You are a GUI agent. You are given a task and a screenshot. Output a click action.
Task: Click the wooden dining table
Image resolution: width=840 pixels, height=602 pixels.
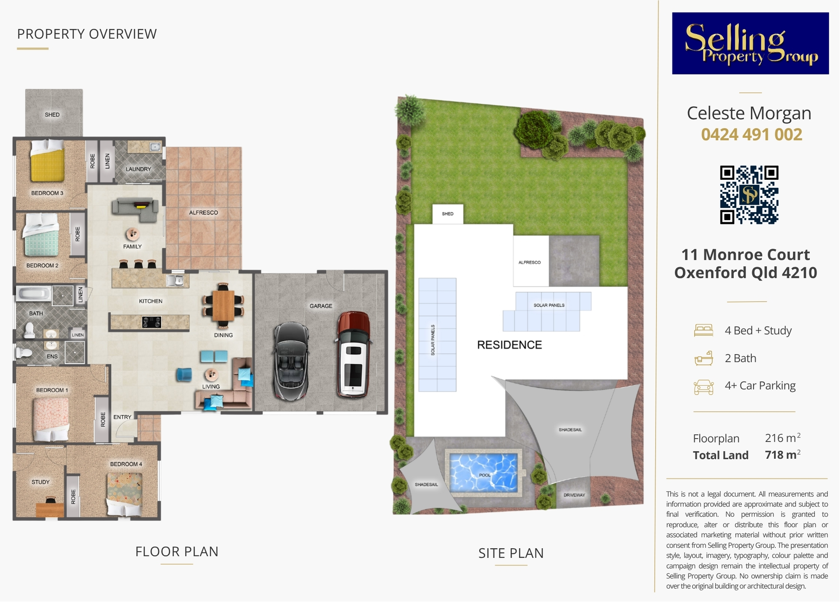tap(223, 306)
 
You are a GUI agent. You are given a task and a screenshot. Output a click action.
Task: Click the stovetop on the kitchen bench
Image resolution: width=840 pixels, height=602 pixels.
tap(152, 322)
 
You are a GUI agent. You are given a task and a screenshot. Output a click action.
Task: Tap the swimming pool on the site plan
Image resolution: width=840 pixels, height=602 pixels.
tap(483, 472)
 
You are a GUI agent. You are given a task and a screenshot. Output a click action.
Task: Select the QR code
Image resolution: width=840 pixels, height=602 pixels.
tap(749, 195)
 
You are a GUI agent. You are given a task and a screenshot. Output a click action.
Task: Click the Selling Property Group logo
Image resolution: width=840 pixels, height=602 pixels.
tap(751, 43)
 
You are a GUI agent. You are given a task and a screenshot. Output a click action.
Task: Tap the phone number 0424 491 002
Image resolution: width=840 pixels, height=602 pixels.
tap(751, 134)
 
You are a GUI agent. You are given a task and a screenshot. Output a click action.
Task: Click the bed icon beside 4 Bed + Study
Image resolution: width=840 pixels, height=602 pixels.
tap(704, 331)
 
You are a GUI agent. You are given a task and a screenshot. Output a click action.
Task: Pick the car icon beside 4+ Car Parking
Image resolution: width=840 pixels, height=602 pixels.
tap(704, 387)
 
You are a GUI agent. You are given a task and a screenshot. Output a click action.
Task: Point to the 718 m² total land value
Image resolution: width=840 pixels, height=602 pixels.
tap(782, 455)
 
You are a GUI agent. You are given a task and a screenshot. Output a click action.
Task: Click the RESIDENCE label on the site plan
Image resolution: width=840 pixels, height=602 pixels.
tap(509, 345)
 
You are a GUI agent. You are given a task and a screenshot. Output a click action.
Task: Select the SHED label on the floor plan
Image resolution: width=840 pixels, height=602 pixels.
tap(52, 115)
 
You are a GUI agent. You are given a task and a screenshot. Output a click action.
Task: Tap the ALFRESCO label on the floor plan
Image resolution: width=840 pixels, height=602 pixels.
tap(203, 213)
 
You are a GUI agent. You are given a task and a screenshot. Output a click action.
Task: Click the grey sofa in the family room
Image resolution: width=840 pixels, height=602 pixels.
tap(135, 209)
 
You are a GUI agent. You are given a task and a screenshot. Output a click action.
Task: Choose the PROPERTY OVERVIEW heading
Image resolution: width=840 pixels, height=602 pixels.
tap(87, 34)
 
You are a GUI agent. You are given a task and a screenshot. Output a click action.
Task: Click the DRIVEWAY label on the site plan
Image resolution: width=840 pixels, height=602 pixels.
tap(574, 495)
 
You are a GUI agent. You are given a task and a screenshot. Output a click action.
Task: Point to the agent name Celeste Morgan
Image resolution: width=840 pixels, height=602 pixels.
tap(749, 113)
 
